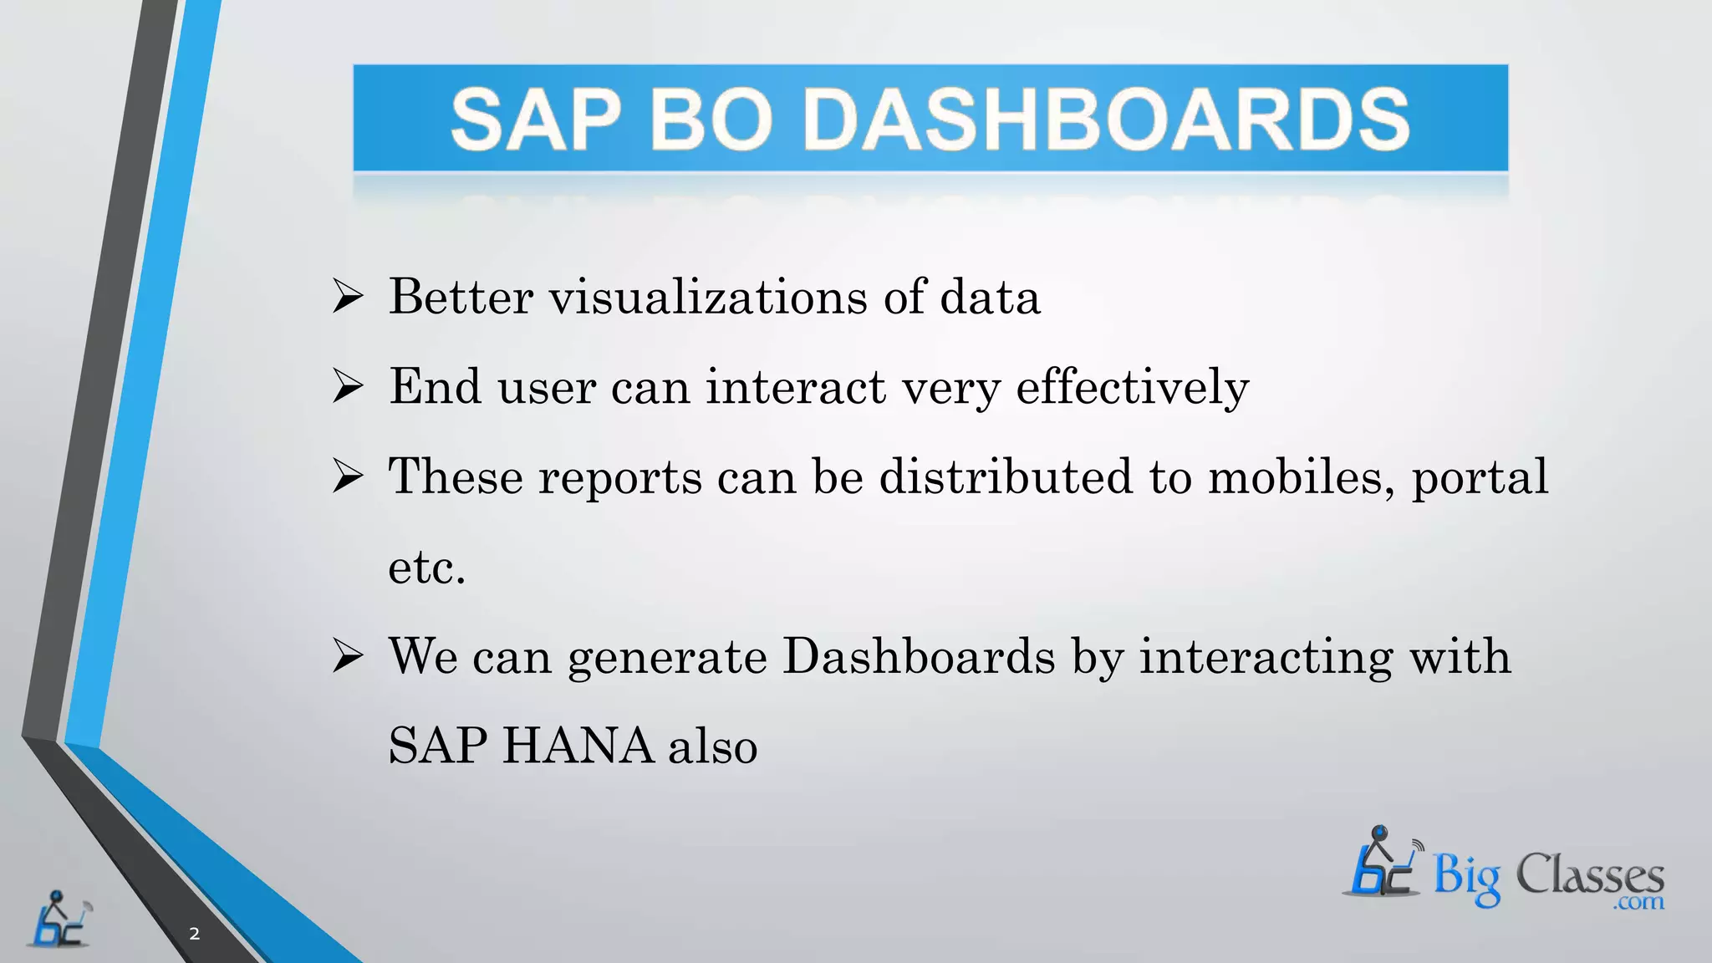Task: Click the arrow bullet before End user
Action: [x=348, y=387]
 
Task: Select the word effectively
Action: [x=1132, y=387]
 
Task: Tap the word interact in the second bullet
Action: [x=795, y=387]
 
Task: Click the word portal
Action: [x=1480, y=478]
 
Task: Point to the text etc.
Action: [x=426, y=568]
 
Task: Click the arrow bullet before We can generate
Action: [x=348, y=656]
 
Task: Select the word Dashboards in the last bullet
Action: [x=919, y=656]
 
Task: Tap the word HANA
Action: [x=578, y=746]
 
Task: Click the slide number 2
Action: [x=195, y=934]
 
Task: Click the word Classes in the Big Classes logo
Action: [x=1589, y=876]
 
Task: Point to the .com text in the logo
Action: [x=1639, y=902]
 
